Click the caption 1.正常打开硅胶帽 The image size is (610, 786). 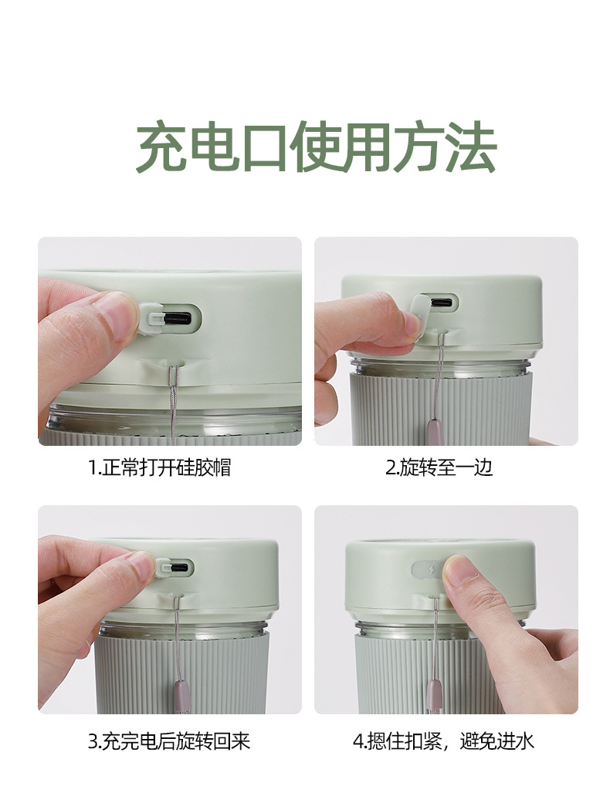pos(159,467)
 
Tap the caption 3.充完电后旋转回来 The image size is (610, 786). pos(169,742)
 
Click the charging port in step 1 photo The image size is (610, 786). pos(177,317)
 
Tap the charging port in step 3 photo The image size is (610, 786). pos(178,568)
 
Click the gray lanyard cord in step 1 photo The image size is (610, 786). pos(172,401)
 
